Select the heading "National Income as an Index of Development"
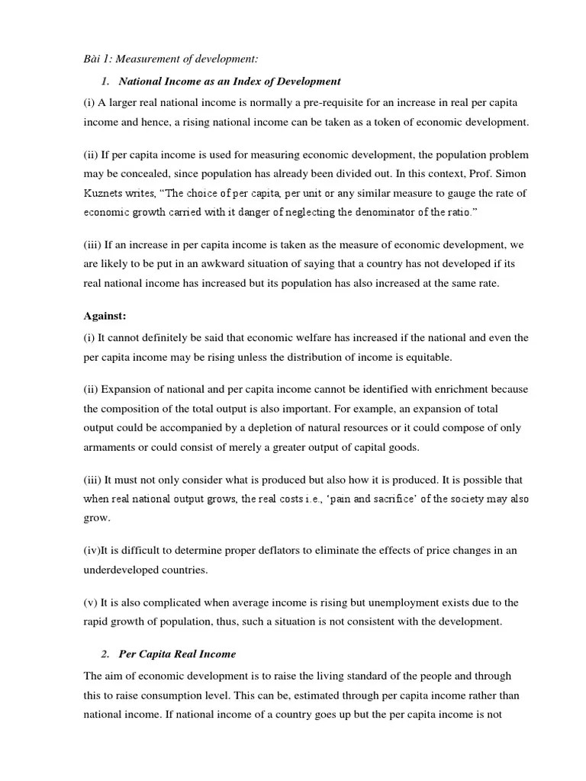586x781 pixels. [x=230, y=81]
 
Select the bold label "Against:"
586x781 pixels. [x=105, y=316]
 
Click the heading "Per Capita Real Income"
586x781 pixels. [x=177, y=654]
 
